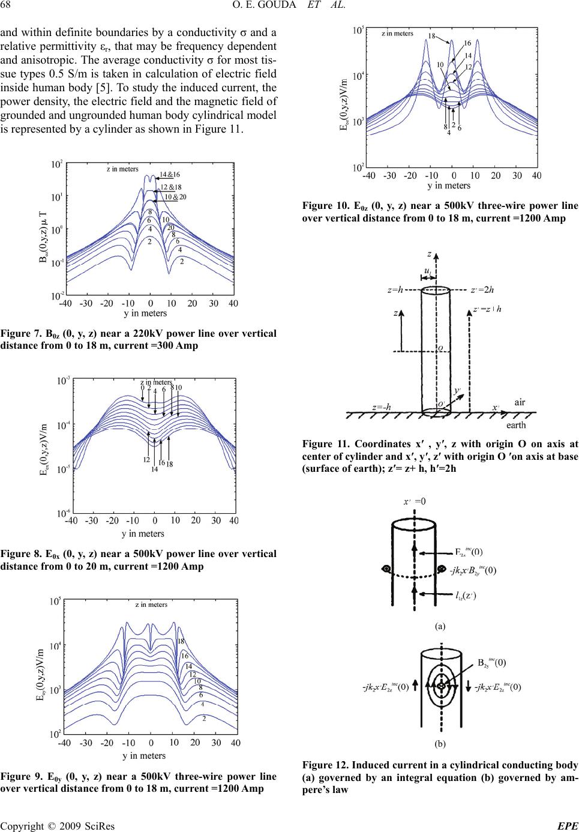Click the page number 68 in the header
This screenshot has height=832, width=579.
tap(9, 7)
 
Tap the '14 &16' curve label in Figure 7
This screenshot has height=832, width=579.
tap(170, 175)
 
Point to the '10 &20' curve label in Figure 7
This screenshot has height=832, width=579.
tap(176, 197)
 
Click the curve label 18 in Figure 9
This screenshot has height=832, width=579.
tap(180, 641)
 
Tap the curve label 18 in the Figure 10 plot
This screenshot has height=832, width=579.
tap(431, 36)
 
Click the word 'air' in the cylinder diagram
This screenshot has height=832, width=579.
tap(520, 402)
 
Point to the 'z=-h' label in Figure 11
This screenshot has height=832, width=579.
tap(382, 406)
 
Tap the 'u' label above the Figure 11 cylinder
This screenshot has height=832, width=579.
tap(427, 272)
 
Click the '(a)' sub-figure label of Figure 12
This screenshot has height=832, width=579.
tap(440, 626)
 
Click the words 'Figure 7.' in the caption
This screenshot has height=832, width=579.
tap(21, 334)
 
